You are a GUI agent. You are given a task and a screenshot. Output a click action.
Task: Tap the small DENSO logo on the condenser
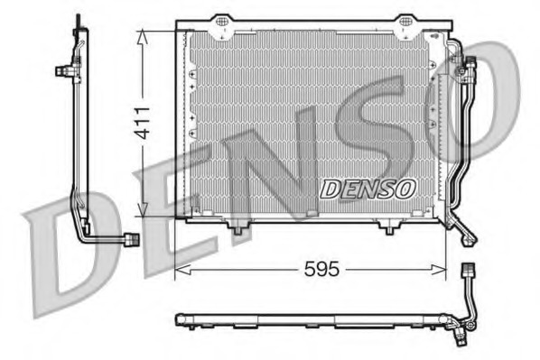point(368,188)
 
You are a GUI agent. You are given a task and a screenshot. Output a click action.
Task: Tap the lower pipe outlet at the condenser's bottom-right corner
point(466,236)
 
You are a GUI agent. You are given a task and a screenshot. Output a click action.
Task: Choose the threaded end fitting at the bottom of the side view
point(132,238)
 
